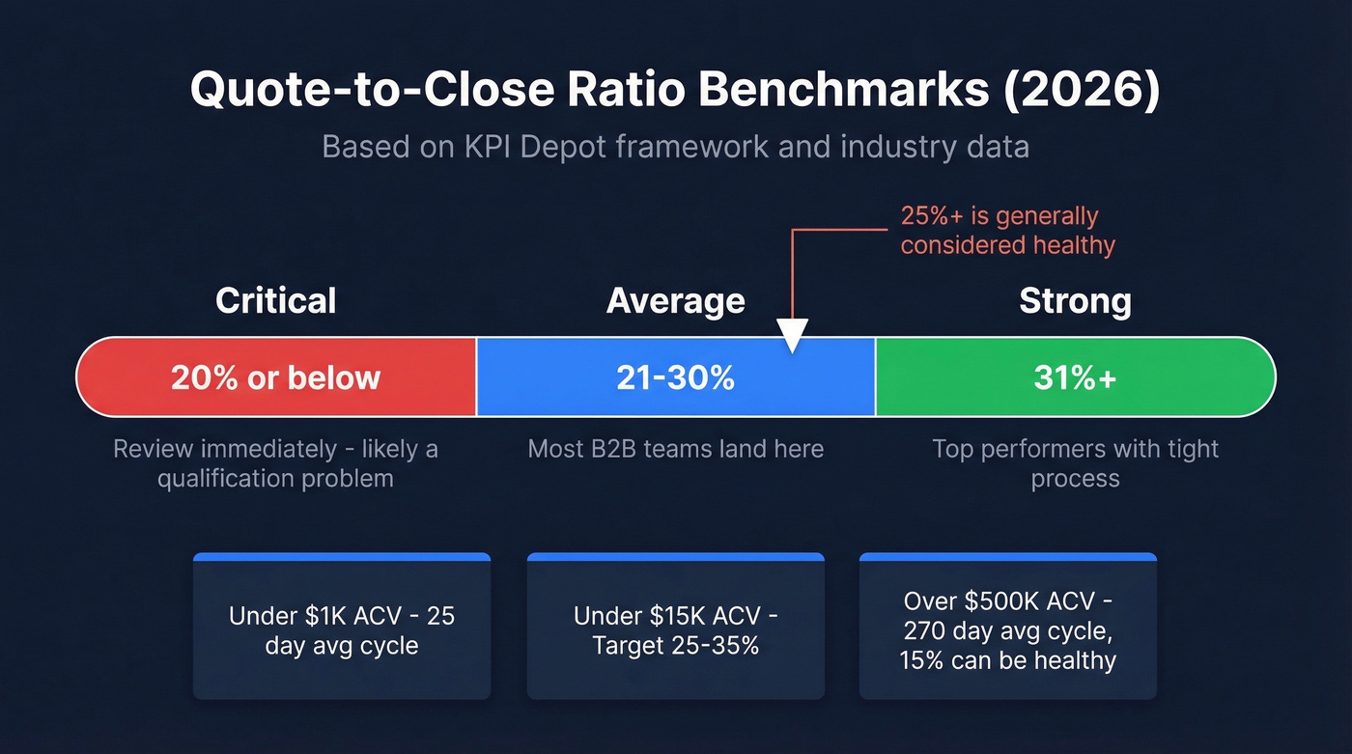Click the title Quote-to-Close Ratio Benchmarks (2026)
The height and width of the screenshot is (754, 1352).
click(675, 90)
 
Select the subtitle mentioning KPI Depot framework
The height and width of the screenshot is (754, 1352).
click(675, 147)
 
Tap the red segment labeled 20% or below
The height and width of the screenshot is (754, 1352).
click(276, 377)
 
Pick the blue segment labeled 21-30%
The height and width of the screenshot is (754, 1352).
click(675, 377)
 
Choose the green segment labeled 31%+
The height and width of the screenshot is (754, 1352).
click(1075, 377)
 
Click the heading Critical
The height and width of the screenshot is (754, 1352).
click(276, 301)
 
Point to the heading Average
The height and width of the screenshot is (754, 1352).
click(675, 301)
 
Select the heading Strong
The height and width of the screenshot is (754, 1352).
click(1075, 301)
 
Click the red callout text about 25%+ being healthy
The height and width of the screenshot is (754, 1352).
click(1007, 231)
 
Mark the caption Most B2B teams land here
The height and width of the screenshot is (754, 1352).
click(675, 449)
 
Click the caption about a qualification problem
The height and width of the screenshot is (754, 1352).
click(276, 463)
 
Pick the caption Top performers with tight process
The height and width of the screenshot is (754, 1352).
click(1075, 463)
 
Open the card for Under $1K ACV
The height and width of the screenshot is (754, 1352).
click(342, 628)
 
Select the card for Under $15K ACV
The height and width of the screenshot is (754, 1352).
click(675, 628)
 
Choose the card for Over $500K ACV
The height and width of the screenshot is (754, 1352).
click(1007, 628)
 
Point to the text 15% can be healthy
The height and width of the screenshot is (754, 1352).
click(1007, 661)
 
